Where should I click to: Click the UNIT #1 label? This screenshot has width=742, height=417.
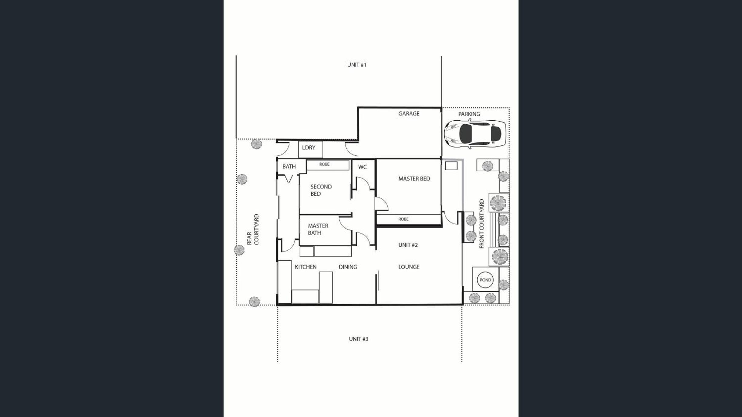click(356, 65)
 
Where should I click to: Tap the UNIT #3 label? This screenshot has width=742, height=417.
click(358, 339)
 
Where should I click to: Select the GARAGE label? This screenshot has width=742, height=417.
click(409, 114)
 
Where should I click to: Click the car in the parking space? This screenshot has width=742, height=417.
click(475, 134)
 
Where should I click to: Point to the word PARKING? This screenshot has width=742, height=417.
click(469, 114)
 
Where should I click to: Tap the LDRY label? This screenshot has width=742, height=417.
click(309, 148)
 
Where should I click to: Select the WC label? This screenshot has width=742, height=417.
click(362, 167)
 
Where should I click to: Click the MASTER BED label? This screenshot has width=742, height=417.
click(414, 179)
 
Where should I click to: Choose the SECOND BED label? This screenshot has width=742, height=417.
click(321, 190)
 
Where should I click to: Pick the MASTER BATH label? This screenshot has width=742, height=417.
click(318, 229)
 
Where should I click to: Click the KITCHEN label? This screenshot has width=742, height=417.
click(306, 267)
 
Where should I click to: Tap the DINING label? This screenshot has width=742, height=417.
click(348, 267)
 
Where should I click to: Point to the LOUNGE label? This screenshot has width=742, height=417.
click(409, 267)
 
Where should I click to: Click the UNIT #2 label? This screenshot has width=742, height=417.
click(408, 245)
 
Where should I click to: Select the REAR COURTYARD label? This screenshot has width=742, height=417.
click(253, 229)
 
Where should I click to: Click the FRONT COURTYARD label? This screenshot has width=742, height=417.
click(482, 224)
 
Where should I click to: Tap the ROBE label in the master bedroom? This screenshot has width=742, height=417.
click(403, 219)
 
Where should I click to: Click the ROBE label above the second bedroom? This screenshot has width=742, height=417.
click(324, 164)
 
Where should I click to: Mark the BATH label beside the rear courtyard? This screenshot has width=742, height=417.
click(289, 166)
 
